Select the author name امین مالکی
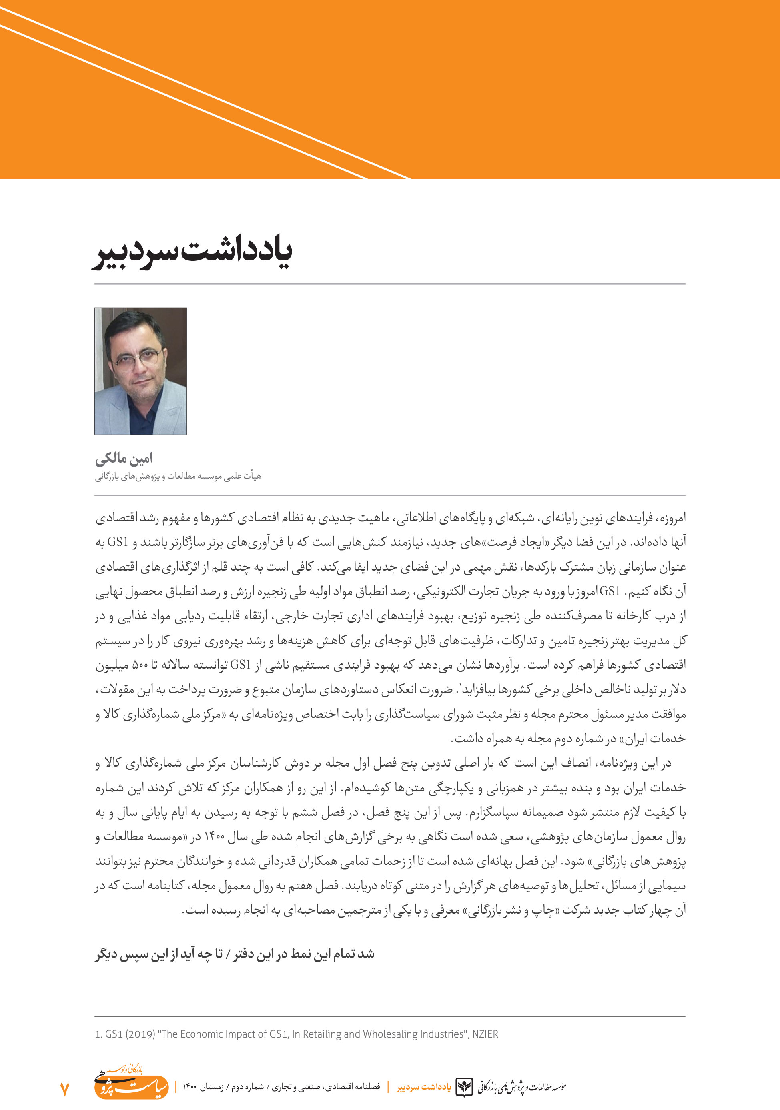[124, 458]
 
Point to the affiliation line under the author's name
[178, 477]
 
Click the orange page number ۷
[64, 1089]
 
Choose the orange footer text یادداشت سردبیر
[424, 1087]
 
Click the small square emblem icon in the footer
[465, 1087]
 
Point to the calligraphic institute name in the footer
[521, 1087]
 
